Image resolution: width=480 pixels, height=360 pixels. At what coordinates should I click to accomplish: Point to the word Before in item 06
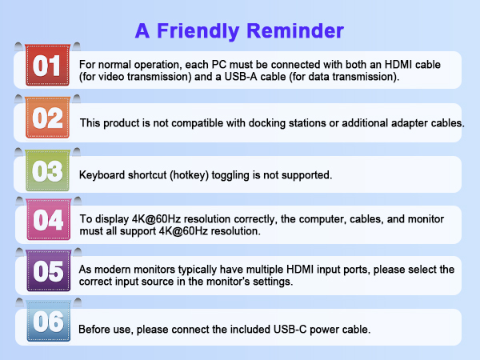tap(97, 330)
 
